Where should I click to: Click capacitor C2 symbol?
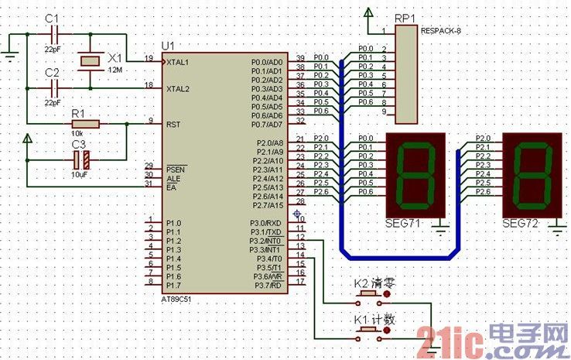(53, 87)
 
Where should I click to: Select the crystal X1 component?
(91, 60)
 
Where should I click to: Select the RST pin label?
(173, 124)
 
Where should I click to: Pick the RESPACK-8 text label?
(443, 32)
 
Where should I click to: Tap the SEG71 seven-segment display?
(415, 174)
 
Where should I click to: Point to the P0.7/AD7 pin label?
(268, 125)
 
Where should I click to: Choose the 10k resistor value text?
(77, 134)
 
